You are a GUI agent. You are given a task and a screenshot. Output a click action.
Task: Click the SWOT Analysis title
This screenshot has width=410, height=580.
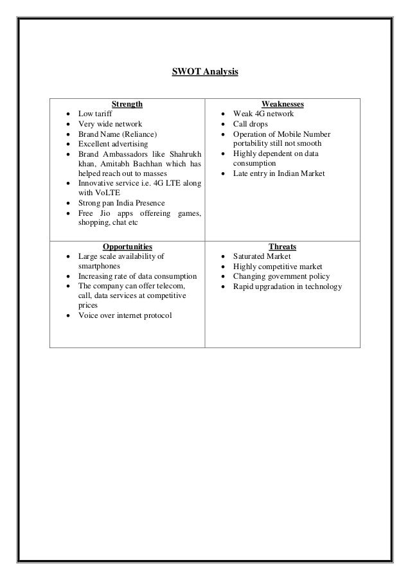click(x=205, y=74)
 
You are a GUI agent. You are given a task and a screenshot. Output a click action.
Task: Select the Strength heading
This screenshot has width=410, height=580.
click(x=127, y=103)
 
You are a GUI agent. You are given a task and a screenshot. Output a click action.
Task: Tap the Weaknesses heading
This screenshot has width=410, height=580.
click(x=283, y=103)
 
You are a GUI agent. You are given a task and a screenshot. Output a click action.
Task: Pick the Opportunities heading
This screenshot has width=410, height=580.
click(x=127, y=246)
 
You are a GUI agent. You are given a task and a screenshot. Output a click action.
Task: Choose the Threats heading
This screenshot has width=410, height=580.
click(x=283, y=246)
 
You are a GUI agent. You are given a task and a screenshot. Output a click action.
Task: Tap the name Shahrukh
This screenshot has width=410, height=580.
click(x=185, y=154)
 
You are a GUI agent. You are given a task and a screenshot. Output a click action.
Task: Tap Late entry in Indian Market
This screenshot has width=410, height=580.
click(x=279, y=174)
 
